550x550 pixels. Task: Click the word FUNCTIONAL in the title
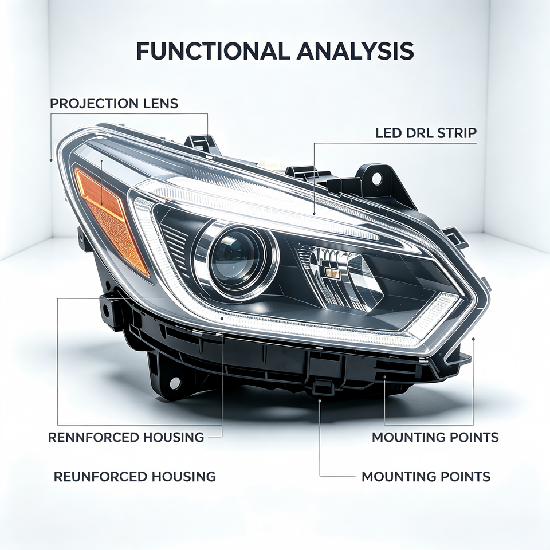[213, 51]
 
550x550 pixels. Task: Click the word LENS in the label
[161, 104]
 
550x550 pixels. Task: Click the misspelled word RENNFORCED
[93, 437]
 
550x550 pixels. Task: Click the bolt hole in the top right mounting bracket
[376, 178]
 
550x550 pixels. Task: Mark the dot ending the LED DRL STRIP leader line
[314, 214]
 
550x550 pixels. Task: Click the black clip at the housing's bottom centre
[322, 387]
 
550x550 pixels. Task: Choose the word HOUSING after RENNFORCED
[174, 437]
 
